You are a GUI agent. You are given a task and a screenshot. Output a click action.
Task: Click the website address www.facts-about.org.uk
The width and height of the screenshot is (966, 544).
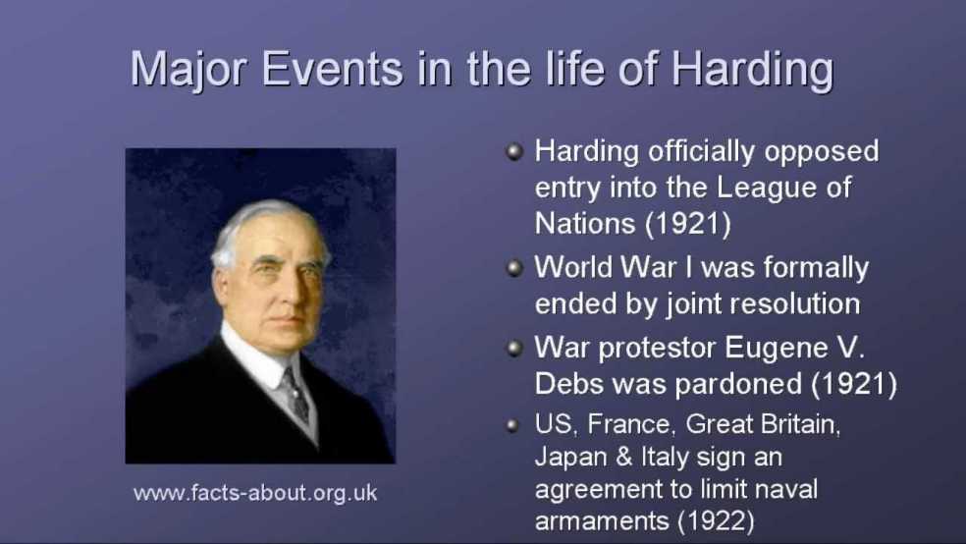(x=255, y=493)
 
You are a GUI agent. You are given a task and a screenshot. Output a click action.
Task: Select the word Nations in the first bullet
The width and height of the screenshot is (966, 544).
(x=585, y=224)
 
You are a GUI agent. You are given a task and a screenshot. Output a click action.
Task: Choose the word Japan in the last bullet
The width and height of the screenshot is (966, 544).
(x=568, y=458)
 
